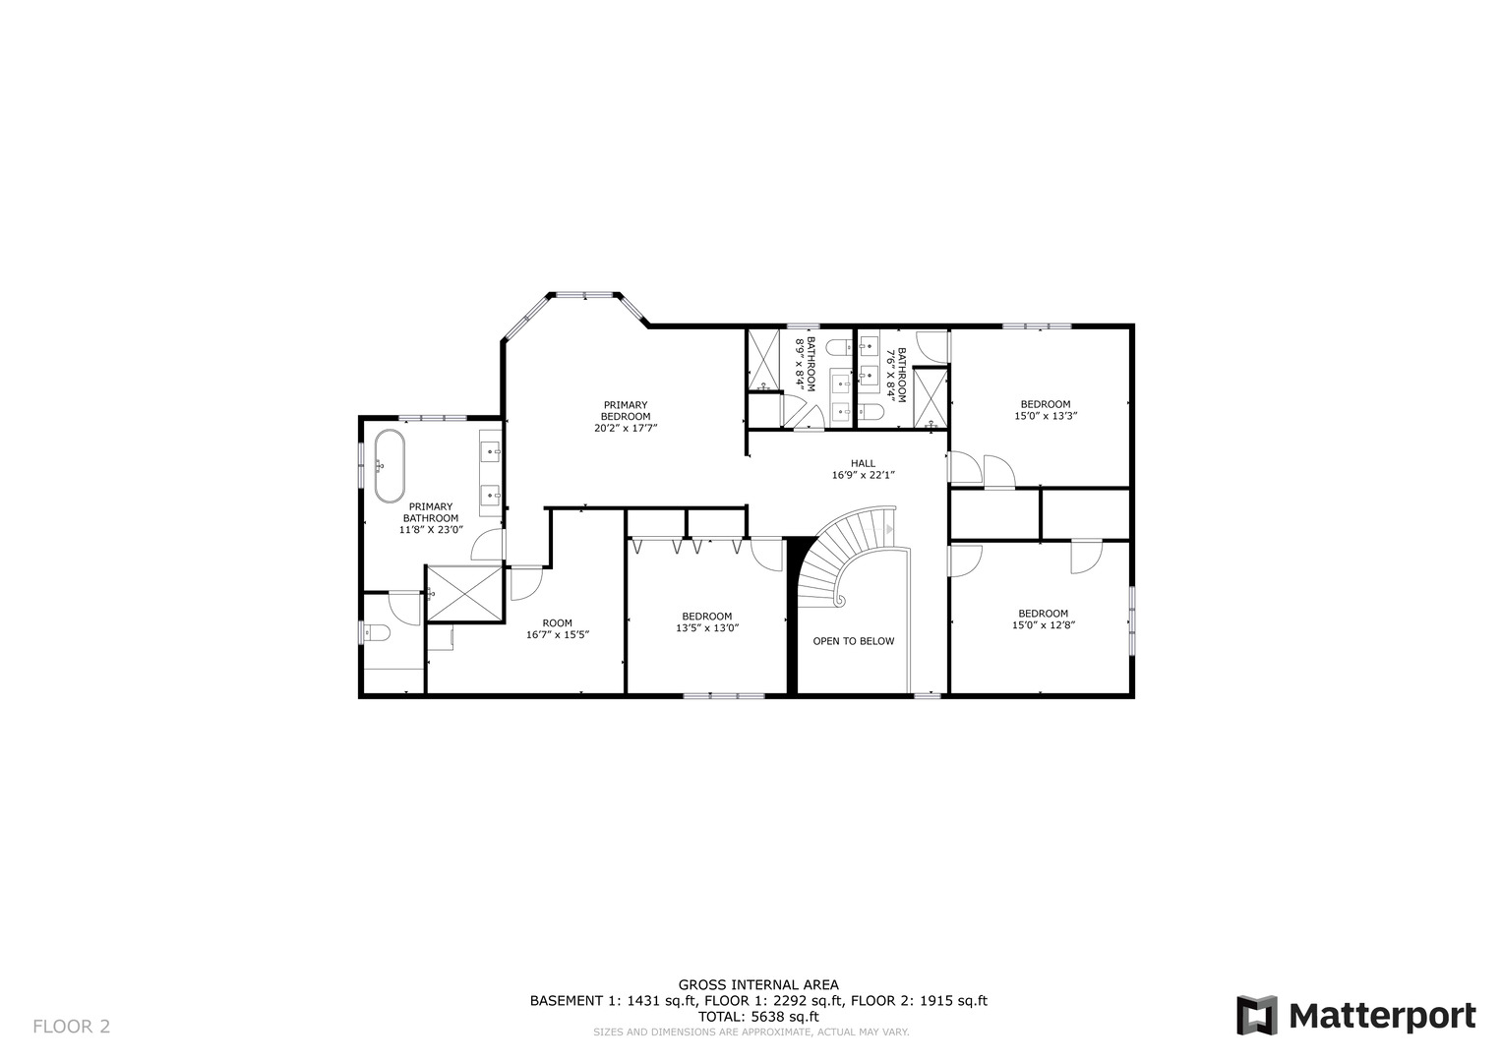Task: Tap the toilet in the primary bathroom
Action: (377, 632)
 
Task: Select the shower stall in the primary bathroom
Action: (464, 593)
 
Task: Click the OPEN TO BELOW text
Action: (853, 641)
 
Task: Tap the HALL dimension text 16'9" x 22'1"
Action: (863, 475)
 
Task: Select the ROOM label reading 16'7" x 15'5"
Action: (557, 628)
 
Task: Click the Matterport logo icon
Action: (1256, 1016)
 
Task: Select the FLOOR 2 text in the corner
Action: (71, 1027)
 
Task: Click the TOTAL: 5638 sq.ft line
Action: (757, 1017)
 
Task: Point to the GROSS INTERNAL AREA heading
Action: (757, 984)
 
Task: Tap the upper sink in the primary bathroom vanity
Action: (491, 451)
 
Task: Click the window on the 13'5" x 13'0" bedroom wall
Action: (724, 696)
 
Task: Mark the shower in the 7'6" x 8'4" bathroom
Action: (930, 398)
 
